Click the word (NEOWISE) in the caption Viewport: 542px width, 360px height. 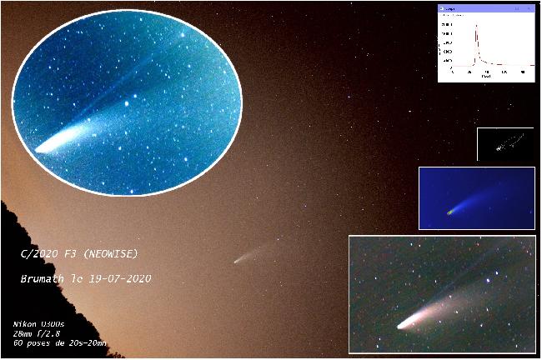point(113,253)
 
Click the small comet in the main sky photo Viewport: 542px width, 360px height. point(239,260)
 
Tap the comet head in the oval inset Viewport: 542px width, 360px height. point(43,147)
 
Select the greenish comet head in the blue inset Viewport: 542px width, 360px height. point(451,211)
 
